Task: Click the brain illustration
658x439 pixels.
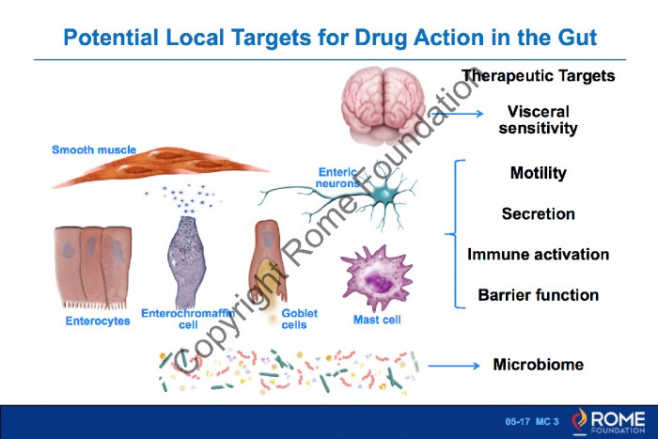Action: tap(384, 106)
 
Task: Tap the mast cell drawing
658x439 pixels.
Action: tap(377, 277)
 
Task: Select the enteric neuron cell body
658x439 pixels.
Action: tap(384, 194)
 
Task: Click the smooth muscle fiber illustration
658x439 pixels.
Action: tap(160, 166)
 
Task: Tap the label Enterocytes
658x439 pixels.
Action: tap(98, 321)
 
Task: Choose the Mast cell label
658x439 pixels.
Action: tap(377, 320)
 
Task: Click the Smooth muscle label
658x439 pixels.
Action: tap(94, 149)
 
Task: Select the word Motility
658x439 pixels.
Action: tap(538, 173)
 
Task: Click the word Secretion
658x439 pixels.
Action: tap(538, 214)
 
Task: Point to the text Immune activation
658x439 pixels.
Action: tap(538, 255)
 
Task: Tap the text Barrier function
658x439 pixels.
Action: tap(538, 295)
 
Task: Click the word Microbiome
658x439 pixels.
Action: tap(538, 365)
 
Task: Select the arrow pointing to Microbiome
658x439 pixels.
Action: tap(454, 366)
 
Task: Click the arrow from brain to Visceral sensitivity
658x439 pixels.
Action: tap(458, 114)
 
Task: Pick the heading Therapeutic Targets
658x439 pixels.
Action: tap(538, 76)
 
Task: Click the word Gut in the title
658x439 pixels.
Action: tap(577, 38)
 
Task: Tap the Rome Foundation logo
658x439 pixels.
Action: tap(608, 422)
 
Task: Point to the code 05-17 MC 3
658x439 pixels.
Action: tap(532, 422)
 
